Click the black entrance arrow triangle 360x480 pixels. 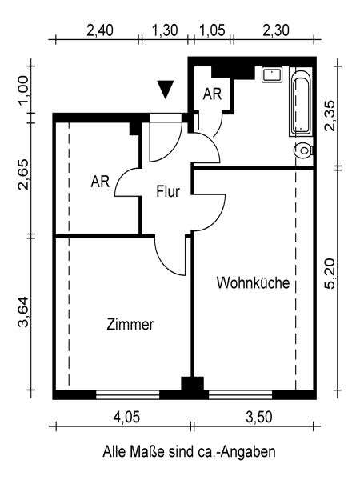click(x=166, y=90)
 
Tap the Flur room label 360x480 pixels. click(x=168, y=192)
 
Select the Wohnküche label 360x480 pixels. click(x=253, y=283)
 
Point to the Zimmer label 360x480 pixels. click(x=130, y=325)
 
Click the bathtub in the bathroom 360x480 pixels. click(x=302, y=102)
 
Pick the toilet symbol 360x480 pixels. click(x=304, y=150)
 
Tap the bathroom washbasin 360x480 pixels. click(x=272, y=75)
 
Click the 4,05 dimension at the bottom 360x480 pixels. click(x=126, y=418)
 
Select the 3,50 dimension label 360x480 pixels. click(x=259, y=418)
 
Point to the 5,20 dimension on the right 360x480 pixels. click(x=330, y=274)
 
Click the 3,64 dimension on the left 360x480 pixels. click(x=23, y=312)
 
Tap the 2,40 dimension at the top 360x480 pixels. click(x=100, y=30)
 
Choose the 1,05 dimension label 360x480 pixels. click(x=213, y=30)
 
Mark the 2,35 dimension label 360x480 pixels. click(x=330, y=116)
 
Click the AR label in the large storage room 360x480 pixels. click(x=100, y=182)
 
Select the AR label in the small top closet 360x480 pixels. click(x=212, y=94)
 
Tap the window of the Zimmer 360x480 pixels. click(x=128, y=394)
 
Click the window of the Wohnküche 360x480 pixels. click(x=240, y=394)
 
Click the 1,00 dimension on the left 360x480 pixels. click(x=23, y=90)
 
